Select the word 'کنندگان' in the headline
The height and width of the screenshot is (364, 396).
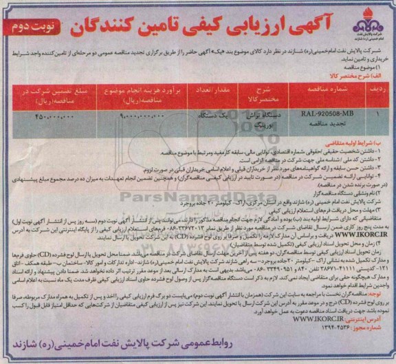click(x=96, y=23)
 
